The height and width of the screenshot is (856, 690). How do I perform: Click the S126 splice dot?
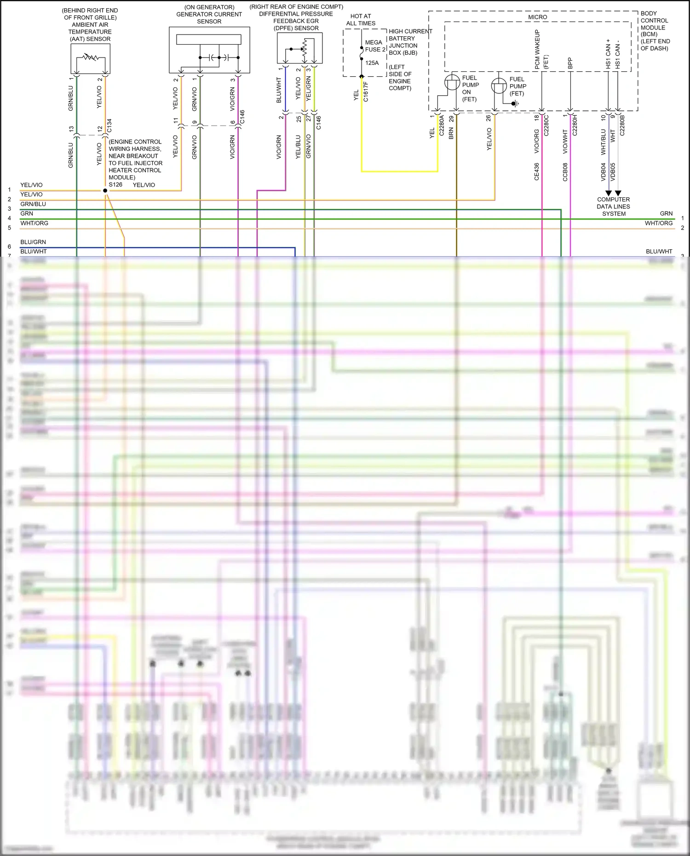[105, 190]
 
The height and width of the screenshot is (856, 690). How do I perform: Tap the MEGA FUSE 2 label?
[375, 46]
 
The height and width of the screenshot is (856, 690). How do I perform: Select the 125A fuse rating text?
[372, 63]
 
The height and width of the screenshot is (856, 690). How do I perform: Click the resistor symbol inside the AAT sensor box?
[90, 58]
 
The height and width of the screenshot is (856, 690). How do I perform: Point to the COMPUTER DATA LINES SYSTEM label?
[613, 207]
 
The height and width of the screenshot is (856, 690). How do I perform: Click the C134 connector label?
[109, 126]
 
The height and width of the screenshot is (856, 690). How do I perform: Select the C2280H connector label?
[575, 126]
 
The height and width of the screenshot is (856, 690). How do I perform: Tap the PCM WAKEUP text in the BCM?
[537, 50]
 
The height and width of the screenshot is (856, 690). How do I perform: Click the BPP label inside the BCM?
[570, 63]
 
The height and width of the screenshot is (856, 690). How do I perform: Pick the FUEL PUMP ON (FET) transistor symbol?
[452, 83]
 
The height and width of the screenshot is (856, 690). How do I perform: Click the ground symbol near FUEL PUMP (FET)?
[516, 103]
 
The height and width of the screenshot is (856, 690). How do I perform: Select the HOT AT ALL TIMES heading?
[361, 20]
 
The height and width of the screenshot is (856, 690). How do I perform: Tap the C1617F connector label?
[366, 92]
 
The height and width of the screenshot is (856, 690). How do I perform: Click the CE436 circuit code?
[536, 172]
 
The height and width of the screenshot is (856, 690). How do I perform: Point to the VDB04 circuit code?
[603, 172]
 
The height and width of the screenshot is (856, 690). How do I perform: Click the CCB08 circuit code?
[565, 172]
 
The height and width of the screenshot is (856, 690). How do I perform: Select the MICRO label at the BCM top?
[537, 17]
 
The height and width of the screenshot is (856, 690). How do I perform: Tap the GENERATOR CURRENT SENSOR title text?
[209, 14]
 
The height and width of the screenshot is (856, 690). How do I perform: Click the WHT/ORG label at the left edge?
[34, 223]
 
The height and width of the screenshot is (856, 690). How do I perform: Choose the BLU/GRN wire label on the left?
[33, 242]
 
